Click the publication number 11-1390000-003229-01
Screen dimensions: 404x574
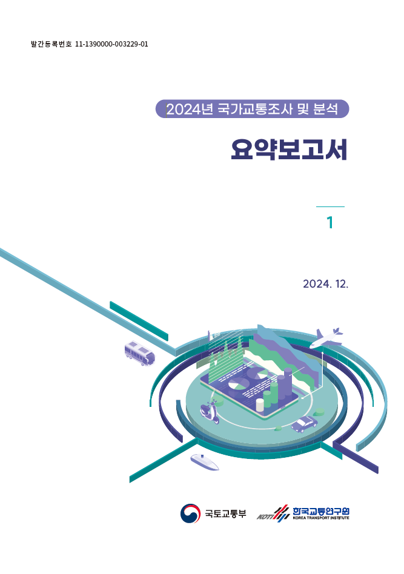[x=111, y=44]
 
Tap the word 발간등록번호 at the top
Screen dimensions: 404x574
[x=51, y=44]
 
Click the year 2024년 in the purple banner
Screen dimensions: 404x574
[x=190, y=109]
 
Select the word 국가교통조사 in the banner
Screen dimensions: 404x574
[x=254, y=109]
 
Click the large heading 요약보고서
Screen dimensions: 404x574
[x=289, y=150]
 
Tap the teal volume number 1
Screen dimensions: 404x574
[x=330, y=223]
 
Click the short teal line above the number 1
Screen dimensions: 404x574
[x=330, y=207]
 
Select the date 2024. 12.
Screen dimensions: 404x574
[x=326, y=284]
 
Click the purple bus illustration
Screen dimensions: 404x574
[x=139, y=353]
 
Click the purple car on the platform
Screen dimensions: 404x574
[x=304, y=424]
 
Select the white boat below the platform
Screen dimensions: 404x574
[x=204, y=461]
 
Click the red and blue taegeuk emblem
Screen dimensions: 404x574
[x=190, y=513]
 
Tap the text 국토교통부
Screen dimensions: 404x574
[x=225, y=513]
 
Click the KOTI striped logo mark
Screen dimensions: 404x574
[x=273, y=513]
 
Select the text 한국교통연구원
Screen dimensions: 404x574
[x=321, y=510]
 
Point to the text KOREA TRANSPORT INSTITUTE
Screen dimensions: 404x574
[x=321, y=518]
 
